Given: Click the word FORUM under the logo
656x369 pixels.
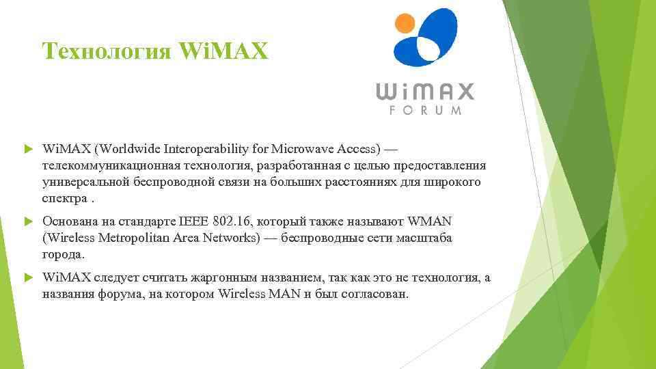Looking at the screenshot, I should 425,110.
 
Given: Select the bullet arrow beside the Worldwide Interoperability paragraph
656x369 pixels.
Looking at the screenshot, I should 28,148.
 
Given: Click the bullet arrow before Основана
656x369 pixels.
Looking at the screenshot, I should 28,222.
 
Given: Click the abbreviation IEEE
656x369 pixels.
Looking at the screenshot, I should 195,222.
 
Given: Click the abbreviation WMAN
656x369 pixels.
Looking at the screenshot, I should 430,222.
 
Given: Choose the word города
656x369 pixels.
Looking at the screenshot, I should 64,255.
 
